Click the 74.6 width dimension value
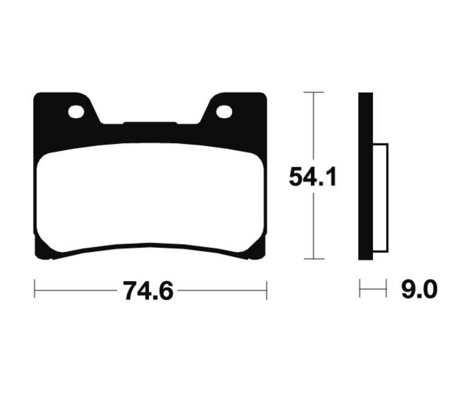pyautogui.click(x=148, y=291)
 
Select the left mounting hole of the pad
pyautogui.click(x=76, y=111)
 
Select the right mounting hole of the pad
pyautogui.click(x=224, y=111)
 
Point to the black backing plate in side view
pyautogui.click(x=365, y=176)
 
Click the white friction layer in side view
pyautogui.click(x=380, y=198)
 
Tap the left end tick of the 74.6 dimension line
pyautogui.click(x=35, y=289)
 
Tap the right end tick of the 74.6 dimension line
pyautogui.click(x=267, y=289)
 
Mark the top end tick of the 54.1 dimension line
pyautogui.click(x=313, y=92)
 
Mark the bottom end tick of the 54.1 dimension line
pyautogui.click(x=313, y=259)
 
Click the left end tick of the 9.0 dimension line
pyautogui.click(x=360, y=288)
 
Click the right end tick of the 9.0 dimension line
pyautogui.click(x=386, y=288)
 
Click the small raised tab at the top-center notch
pyautogui.click(x=150, y=123)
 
